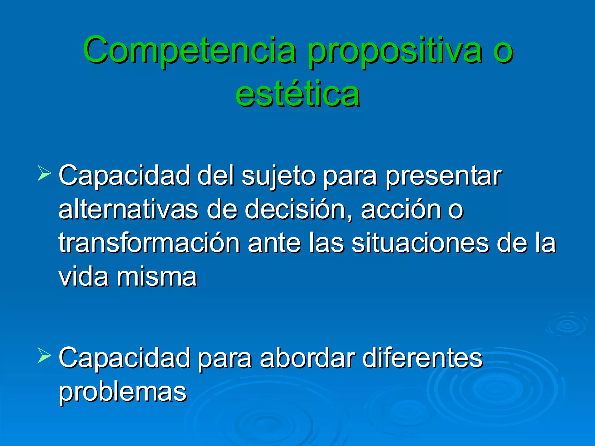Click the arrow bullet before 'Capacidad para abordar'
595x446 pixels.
tap(44, 356)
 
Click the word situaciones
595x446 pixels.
tap(420, 243)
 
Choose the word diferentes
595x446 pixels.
tap(422, 358)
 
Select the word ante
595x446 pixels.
tap(274, 243)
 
